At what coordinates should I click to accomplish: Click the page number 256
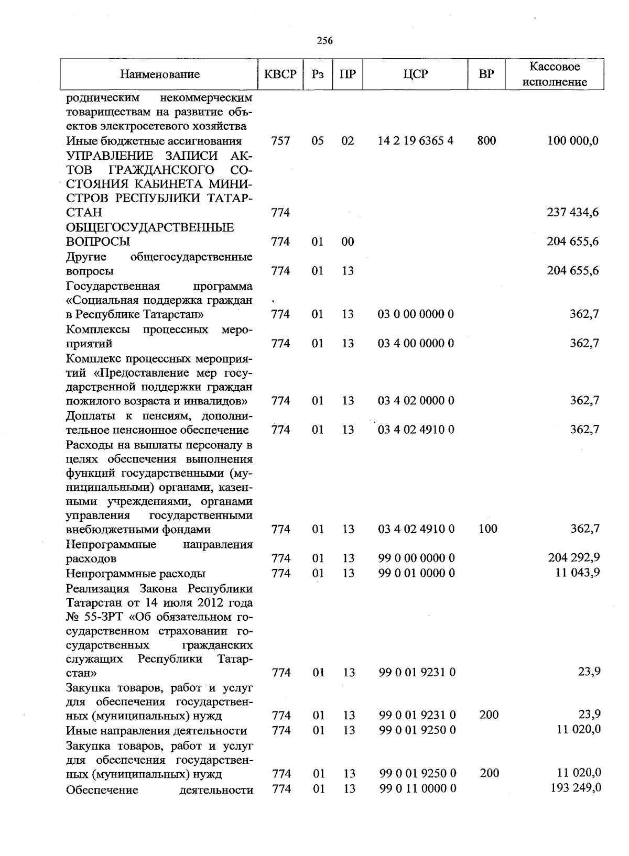click(x=324, y=40)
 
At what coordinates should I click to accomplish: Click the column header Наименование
click(x=159, y=74)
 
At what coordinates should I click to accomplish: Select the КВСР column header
click(x=280, y=74)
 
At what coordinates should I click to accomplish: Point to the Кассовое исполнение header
click(x=555, y=74)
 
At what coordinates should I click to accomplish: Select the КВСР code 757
click(x=281, y=141)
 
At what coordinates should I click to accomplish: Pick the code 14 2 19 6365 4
click(x=416, y=141)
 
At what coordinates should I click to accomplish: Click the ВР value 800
click(x=487, y=141)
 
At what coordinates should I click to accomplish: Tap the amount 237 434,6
click(x=573, y=213)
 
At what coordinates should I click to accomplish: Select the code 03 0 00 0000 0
click(x=416, y=314)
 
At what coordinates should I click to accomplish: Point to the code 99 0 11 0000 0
click(x=418, y=788)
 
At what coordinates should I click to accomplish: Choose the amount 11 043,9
click(x=578, y=573)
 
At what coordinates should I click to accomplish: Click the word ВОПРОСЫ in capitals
click(x=99, y=242)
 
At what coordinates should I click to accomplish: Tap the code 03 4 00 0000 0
click(x=416, y=344)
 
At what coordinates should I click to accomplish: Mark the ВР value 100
click(x=488, y=529)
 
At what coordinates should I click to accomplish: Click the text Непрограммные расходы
click(x=136, y=574)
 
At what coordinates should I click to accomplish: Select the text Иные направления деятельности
click(x=156, y=730)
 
